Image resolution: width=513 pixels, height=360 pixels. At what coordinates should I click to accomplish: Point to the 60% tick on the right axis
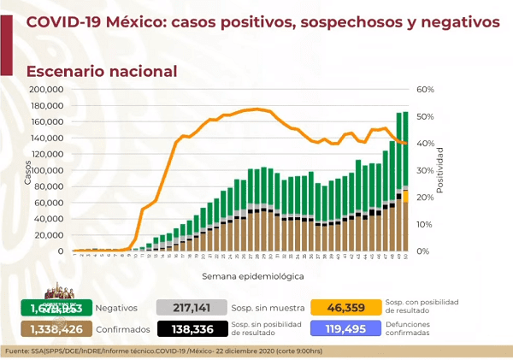[x=427, y=89]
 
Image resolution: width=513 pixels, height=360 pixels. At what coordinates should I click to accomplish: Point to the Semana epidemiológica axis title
[x=242, y=276]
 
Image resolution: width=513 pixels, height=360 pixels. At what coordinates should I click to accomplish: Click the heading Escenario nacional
[x=102, y=72]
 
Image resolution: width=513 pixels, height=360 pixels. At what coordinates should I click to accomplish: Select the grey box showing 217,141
[x=189, y=306]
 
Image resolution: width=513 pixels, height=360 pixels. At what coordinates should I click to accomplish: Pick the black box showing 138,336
[x=189, y=329]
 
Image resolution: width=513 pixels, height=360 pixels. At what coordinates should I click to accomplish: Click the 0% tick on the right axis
[x=425, y=251]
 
